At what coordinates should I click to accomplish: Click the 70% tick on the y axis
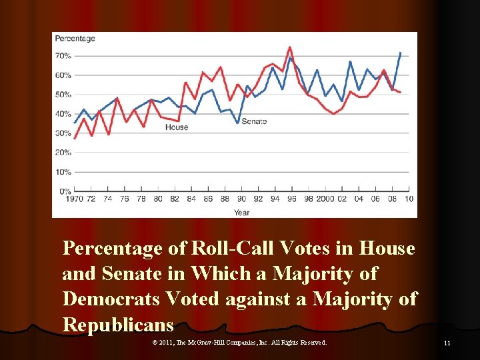[63, 55]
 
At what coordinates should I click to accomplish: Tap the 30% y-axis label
[63, 133]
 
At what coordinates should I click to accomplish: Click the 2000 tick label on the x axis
[325, 199]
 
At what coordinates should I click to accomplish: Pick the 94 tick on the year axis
[275, 199]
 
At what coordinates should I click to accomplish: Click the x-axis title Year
[241, 212]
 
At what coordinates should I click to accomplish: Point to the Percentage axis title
[75, 38]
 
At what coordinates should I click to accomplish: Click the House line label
[177, 127]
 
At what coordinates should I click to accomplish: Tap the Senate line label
[254, 121]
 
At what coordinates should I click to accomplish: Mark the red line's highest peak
[289, 47]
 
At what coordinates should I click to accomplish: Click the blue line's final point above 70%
[400, 53]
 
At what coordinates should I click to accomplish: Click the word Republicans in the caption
[117, 325]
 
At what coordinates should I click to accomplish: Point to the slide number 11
[447, 343]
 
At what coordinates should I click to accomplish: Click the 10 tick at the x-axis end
[408, 199]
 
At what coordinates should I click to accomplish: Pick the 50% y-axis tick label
[63, 94]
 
